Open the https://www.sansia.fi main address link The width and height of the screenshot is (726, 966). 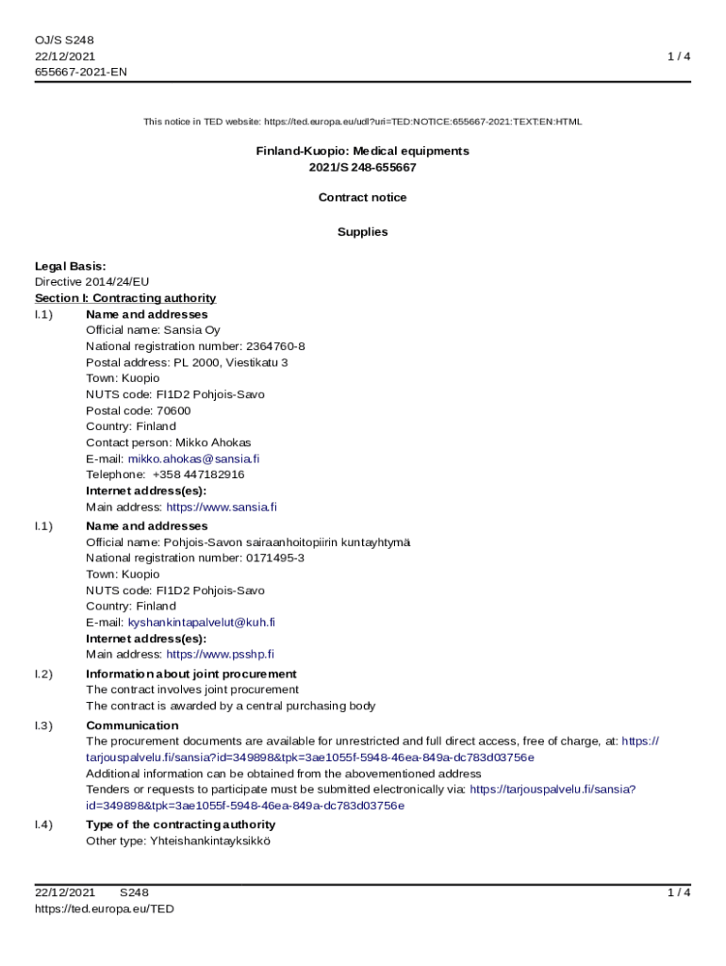click(x=222, y=507)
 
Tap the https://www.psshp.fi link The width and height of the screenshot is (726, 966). click(x=220, y=654)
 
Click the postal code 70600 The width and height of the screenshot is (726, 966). click(x=173, y=410)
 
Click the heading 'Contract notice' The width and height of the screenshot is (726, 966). click(x=362, y=197)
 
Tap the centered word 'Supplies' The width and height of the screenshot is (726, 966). click(x=362, y=231)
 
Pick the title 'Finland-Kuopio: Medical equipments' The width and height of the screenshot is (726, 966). click(x=362, y=151)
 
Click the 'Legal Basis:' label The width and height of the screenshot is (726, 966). click(x=71, y=266)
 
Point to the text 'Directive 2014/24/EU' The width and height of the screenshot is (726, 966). click(x=92, y=281)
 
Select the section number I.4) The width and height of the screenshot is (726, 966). click(x=43, y=824)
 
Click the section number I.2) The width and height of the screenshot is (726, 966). click(x=43, y=674)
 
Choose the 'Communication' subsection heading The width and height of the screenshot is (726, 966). click(x=132, y=725)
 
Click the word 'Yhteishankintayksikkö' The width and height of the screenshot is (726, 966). click(x=209, y=841)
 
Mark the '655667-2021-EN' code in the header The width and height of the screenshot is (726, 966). click(x=81, y=72)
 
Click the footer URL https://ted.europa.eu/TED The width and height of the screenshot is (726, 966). click(x=105, y=908)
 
